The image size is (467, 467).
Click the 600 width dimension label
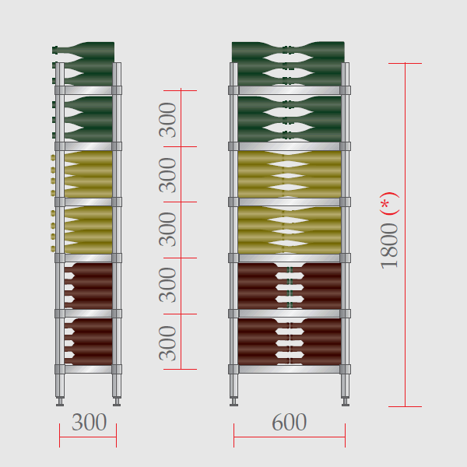[290, 422]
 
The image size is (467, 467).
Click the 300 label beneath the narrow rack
[89, 422]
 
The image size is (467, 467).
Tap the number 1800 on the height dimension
[389, 246]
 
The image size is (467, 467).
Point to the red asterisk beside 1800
[384, 204]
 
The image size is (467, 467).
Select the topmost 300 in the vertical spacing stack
[167, 120]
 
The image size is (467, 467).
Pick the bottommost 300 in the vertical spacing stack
[167, 343]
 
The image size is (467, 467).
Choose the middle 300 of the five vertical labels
[167, 230]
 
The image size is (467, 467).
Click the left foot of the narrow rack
[60, 402]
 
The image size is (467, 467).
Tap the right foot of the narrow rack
[117, 402]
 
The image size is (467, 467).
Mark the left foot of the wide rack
[233, 402]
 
